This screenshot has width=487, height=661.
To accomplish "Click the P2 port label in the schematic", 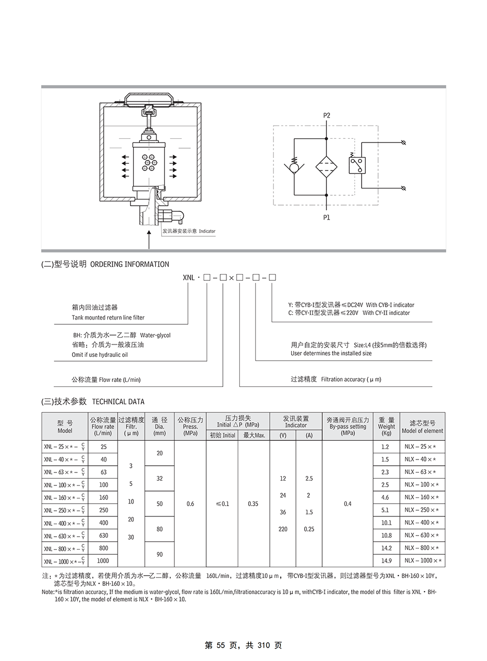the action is pyautogui.click(x=326, y=116).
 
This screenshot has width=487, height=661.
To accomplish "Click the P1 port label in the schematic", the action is pyautogui.click(x=326, y=218).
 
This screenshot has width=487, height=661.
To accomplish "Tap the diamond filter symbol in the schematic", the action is pyautogui.click(x=326, y=167).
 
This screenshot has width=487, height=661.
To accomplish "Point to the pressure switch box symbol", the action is pyautogui.click(x=357, y=165).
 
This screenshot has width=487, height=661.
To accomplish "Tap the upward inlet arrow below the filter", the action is pyautogui.click(x=149, y=240).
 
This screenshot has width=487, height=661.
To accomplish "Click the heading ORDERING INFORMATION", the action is pyautogui.click(x=130, y=264).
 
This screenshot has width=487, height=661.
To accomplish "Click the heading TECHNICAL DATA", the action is pyautogui.click(x=118, y=401).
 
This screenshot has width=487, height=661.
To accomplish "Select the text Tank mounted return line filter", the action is pyautogui.click(x=108, y=318).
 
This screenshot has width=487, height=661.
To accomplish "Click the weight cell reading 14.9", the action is pyautogui.click(x=386, y=561).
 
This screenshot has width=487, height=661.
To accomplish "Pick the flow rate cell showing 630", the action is pyautogui.click(x=103, y=535).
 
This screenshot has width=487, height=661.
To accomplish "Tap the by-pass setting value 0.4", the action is pyautogui.click(x=348, y=504).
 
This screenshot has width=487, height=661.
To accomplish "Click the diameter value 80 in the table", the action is pyautogui.click(x=160, y=529).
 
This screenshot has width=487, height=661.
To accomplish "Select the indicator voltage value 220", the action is pyautogui.click(x=283, y=529).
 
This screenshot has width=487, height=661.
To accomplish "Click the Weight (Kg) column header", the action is pyautogui.click(x=386, y=426).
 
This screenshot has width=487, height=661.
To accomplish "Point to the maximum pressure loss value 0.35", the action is pyautogui.click(x=253, y=504).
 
